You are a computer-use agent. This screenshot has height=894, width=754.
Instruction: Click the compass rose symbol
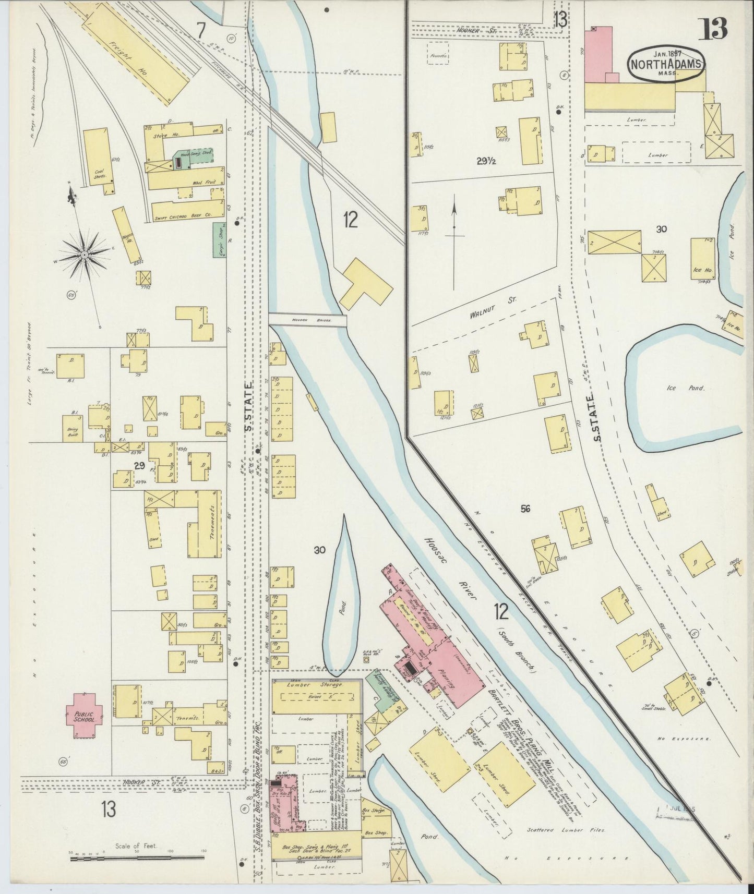tap(84, 255)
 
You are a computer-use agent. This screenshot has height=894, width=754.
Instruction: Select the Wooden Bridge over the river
tap(308, 320)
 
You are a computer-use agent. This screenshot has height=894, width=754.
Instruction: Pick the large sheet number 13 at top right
tap(712, 29)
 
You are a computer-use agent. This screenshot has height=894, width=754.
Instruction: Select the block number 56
tap(525, 508)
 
